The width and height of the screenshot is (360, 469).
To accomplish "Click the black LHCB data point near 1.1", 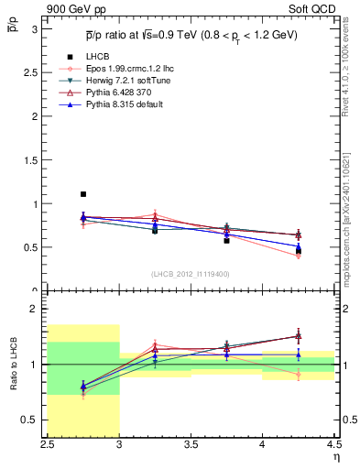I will (83, 194).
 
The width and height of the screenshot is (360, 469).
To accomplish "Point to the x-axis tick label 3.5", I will (191, 445).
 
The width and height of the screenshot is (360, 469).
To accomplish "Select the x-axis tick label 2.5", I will (49, 445).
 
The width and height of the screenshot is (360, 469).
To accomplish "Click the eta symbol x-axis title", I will (336, 458).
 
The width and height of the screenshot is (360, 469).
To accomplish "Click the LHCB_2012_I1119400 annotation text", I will (191, 274).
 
